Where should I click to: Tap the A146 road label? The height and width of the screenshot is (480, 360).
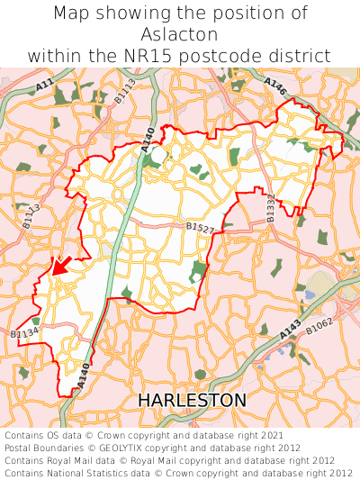tap(275, 87)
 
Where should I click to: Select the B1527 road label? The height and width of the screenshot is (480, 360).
tap(200, 230)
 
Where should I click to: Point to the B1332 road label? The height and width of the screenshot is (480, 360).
tap(269, 207)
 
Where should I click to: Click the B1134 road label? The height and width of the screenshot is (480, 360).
tap(24, 334)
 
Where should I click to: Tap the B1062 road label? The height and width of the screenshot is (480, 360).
tap(319, 327)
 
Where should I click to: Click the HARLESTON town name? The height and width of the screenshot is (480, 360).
tap(192, 399)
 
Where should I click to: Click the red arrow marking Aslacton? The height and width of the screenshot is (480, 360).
tap(59, 265)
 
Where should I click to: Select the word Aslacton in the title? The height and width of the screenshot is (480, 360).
tap(180, 35)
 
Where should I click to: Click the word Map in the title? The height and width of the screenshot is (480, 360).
tap(72, 14)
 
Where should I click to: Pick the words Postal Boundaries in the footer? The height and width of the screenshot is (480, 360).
tap(43, 448)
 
